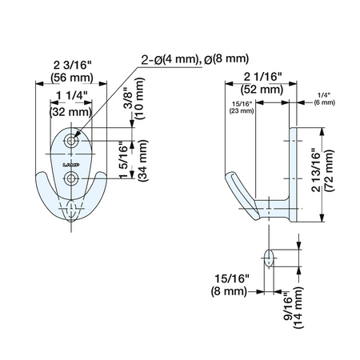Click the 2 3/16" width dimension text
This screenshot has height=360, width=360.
[x=72, y=66]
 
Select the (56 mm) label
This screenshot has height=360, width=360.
[x=72, y=78]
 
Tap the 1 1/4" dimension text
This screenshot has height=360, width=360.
[x=72, y=95]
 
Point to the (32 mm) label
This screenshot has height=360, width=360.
[x=70, y=112]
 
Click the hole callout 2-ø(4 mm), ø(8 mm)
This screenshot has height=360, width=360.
[x=195, y=59]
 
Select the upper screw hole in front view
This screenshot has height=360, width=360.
[x=71, y=141]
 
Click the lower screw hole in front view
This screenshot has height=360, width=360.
[x=71, y=178]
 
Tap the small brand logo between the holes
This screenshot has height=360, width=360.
[x=71, y=165]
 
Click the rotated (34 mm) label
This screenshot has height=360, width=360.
[x=142, y=161]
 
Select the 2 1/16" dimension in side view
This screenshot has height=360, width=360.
[x=262, y=77]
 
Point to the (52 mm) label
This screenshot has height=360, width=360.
[x=262, y=90]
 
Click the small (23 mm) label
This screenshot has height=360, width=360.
[x=242, y=110]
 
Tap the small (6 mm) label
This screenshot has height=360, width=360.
[x=324, y=102]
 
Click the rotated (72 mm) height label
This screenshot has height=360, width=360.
[x=330, y=170]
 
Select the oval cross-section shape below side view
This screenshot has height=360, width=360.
[x=269, y=258]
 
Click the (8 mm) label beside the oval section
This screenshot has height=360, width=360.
[x=229, y=291]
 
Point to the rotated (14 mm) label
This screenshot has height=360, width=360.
[x=298, y=307]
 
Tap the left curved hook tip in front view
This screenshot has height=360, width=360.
[x=41, y=177]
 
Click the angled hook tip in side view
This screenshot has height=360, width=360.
[x=230, y=176]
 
